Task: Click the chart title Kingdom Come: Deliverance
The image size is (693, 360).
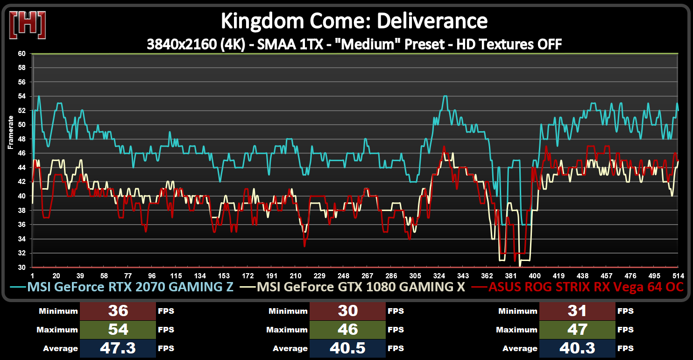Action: [x=354, y=21]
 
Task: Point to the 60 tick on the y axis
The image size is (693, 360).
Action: [x=22, y=54]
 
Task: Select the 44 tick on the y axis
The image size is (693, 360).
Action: [x=22, y=168]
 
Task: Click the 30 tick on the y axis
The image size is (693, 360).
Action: [x=22, y=268]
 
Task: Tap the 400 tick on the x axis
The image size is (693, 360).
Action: [x=535, y=275]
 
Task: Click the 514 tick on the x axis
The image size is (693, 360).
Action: [x=678, y=275]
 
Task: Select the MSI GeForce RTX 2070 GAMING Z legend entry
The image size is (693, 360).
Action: [x=130, y=287]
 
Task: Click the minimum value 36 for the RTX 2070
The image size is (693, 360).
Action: [x=118, y=311]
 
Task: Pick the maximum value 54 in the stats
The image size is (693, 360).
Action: [x=118, y=330]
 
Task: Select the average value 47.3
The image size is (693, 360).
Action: [x=118, y=348]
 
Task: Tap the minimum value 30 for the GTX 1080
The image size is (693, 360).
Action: [x=347, y=311]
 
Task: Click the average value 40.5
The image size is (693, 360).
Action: [x=347, y=348]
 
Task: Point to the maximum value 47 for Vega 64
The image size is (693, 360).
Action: [x=577, y=330]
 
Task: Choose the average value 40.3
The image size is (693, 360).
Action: [x=577, y=348]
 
